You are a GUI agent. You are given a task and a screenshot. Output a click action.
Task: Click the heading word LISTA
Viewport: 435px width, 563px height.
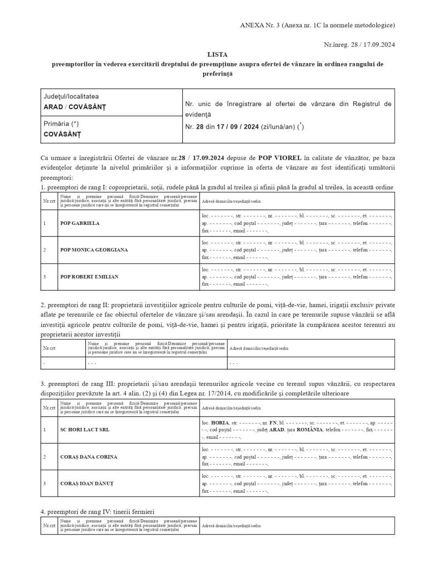[x=217, y=54]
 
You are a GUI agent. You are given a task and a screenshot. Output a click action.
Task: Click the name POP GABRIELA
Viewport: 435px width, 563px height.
[x=80, y=223]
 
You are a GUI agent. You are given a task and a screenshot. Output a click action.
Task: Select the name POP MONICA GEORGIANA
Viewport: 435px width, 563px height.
[x=94, y=250]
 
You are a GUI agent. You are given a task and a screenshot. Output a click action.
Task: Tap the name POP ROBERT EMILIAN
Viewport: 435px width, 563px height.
[x=89, y=277]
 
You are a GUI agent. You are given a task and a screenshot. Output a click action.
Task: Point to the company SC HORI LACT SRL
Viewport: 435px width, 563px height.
[x=84, y=429]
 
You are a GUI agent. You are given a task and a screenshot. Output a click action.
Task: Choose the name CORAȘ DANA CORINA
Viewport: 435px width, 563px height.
[x=88, y=457]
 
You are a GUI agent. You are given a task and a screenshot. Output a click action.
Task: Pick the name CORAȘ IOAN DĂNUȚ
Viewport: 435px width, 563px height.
[x=86, y=483]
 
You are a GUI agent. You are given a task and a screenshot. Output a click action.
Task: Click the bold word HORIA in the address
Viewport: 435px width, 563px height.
[x=220, y=423]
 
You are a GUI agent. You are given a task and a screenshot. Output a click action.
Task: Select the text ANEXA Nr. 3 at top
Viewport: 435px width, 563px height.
[x=260, y=25]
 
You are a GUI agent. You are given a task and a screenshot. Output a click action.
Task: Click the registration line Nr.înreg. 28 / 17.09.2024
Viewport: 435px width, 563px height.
[x=359, y=45]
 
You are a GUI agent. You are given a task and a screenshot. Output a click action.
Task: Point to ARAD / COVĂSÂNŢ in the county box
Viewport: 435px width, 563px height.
[x=75, y=107]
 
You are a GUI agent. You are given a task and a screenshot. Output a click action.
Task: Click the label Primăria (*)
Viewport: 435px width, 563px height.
[x=61, y=124]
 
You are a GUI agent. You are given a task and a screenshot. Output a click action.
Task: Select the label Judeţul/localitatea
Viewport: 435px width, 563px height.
[x=71, y=97]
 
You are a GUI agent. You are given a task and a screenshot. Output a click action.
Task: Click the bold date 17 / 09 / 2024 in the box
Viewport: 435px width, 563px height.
[x=238, y=127]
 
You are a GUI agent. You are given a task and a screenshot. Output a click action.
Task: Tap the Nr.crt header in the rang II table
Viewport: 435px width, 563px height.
[x=49, y=348]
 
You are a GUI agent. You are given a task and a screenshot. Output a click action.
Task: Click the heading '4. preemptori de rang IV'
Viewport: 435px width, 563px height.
[x=97, y=512]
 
